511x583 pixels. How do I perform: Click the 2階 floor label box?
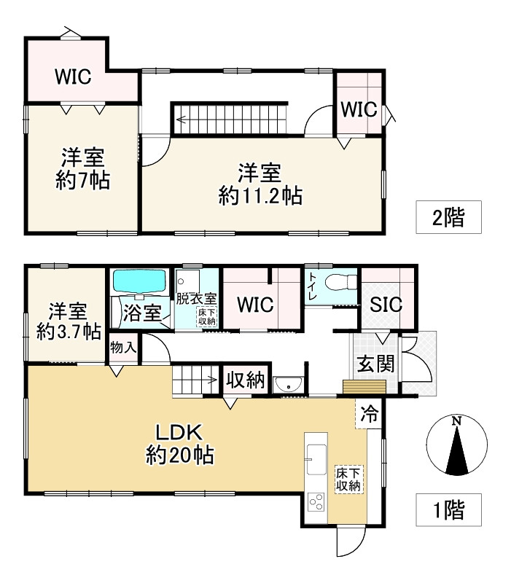click(448, 217)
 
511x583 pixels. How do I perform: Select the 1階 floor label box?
click(448, 509)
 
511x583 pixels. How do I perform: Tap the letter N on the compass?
click(457, 421)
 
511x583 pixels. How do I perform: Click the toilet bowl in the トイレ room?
click(340, 282)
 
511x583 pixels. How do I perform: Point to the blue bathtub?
click(139, 281)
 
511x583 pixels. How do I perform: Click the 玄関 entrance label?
click(375, 364)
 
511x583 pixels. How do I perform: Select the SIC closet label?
click(386, 305)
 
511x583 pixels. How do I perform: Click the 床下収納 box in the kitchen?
click(349, 480)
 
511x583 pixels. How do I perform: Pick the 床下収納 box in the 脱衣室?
click(207, 317)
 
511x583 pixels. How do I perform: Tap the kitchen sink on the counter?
click(316, 459)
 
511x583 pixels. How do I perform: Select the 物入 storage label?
click(123, 348)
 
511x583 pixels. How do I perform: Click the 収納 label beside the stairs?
click(246, 380)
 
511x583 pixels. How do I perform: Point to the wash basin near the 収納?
click(288, 385)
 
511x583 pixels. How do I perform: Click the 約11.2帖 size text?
click(260, 196)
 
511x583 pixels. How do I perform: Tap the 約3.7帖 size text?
click(69, 331)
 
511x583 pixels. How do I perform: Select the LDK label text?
click(179, 433)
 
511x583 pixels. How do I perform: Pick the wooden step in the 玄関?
click(364, 387)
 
